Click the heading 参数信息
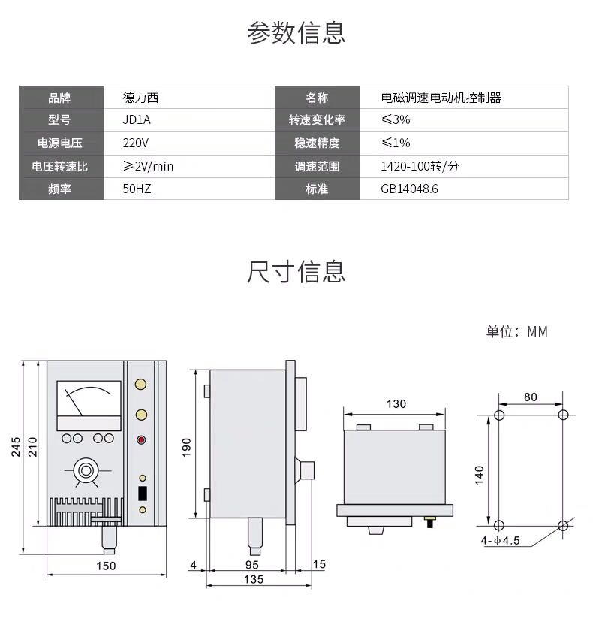(x=296, y=33)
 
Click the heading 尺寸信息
(x=296, y=272)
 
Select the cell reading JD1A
(x=137, y=119)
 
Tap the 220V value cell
(x=135, y=143)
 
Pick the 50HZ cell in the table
(x=137, y=189)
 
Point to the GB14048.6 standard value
(x=409, y=189)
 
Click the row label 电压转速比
(x=59, y=166)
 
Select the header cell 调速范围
(x=317, y=166)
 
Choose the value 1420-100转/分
(x=420, y=166)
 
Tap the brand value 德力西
(x=140, y=98)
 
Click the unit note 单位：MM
(x=517, y=331)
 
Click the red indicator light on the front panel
(x=141, y=439)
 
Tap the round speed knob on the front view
(x=86, y=470)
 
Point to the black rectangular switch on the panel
(x=143, y=494)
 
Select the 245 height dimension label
(x=15, y=447)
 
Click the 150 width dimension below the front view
(x=106, y=566)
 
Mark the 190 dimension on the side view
(x=186, y=447)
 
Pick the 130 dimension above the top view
(x=396, y=404)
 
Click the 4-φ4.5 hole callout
(x=500, y=540)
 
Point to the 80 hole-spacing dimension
(x=531, y=397)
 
